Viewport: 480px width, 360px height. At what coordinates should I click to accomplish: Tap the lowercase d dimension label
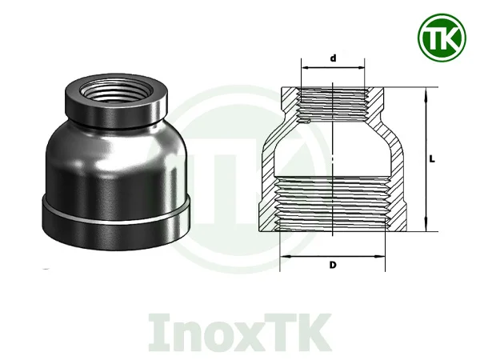pyautogui.click(x=333, y=58)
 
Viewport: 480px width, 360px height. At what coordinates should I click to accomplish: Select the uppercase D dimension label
pyautogui.click(x=331, y=266)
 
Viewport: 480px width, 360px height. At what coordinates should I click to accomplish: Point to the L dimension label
pyautogui.click(x=432, y=158)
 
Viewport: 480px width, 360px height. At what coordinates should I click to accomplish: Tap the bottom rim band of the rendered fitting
pyautogui.click(x=116, y=218)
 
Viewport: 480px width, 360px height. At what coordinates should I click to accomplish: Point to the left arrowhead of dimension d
pyautogui.click(x=302, y=68)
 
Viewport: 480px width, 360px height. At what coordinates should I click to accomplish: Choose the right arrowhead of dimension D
pyautogui.click(x=384, y=258)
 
